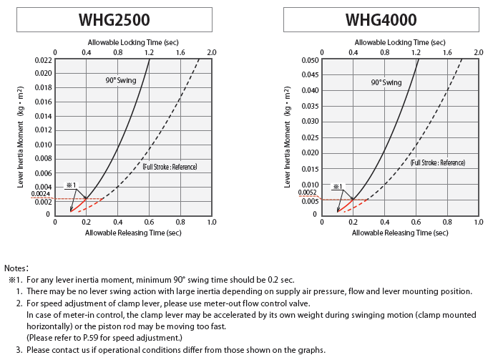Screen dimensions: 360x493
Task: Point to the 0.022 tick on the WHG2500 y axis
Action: click(44, 59)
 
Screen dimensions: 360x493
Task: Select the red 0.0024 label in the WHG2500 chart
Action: click(41, 194)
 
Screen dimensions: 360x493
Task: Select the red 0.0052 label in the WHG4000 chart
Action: click(308, 193)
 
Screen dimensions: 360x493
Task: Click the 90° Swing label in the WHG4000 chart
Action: click(386, 82)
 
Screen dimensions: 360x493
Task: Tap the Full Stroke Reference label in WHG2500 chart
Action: click(170, 167)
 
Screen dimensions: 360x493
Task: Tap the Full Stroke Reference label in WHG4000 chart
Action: click(437, 162)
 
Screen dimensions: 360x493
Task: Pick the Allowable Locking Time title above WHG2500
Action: click(133, 42)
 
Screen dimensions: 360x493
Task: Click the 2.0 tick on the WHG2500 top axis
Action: click(211, 52)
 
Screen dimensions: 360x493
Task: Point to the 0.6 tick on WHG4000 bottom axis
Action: click(416, 222)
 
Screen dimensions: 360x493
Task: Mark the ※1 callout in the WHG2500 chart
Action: click(71, 185)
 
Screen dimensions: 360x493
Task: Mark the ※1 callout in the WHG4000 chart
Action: click(338, 187)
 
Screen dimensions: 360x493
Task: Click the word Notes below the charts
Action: click(16, 268)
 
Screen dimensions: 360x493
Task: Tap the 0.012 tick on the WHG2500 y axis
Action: click(44, 130)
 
